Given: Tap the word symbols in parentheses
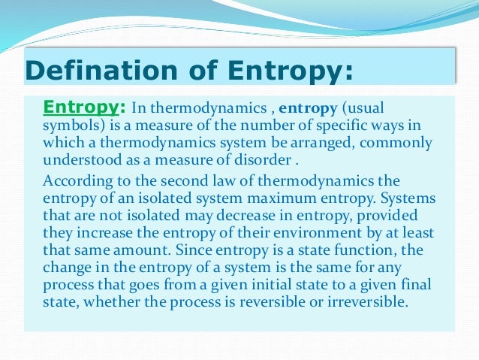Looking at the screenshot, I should (70, 123).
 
